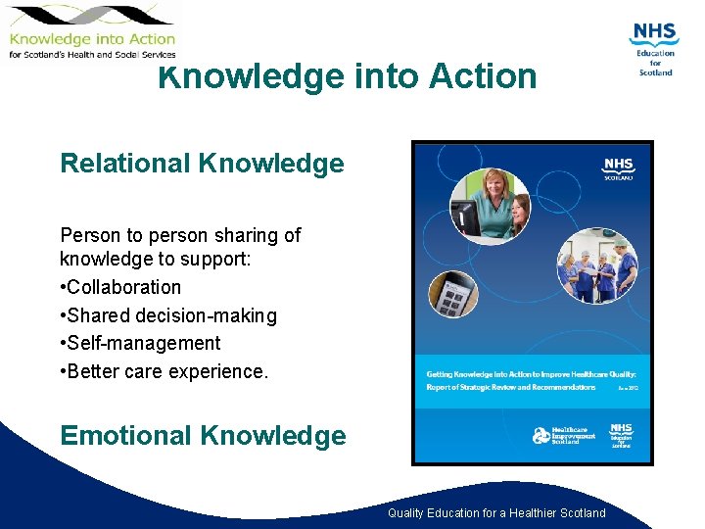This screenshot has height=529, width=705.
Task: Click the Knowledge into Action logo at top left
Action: (x=91, y=31)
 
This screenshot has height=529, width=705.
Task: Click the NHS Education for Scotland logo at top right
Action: (x=654, y=49)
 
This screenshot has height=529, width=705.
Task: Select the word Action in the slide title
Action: (x=480, y=76)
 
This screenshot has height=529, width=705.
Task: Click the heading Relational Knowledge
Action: (x=202, y=164)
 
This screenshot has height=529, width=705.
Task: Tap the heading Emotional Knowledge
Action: (x=203, y=435)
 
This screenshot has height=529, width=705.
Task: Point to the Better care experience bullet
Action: (x=164, y=371)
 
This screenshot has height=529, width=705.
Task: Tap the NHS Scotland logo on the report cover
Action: (x=618, y=169)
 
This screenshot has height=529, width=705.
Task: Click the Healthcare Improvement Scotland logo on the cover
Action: (x=557, y=435)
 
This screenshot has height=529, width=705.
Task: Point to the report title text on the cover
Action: (x=531, y=380)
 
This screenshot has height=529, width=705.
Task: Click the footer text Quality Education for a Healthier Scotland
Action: (x=496, y=513)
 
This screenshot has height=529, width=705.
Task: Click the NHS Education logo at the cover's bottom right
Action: (x=621, y=435)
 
